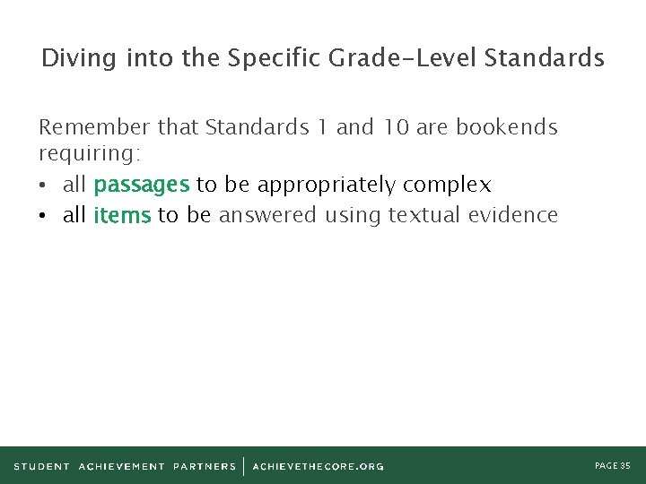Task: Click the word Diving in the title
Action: click(77, 59)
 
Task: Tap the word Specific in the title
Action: click(275, 59)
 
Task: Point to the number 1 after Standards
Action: click(320, 127)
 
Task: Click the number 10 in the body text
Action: click(396, 127)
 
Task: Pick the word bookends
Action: click(506, 127)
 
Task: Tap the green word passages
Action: click(141, 186)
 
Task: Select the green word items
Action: click(122, 216)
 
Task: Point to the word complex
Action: click(447, 186)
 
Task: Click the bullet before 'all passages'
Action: click(45, 186)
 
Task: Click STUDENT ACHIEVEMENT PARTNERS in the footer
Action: click(125, 466)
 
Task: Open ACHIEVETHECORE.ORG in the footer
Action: click(318, 466)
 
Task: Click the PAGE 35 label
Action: click(613, 465)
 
